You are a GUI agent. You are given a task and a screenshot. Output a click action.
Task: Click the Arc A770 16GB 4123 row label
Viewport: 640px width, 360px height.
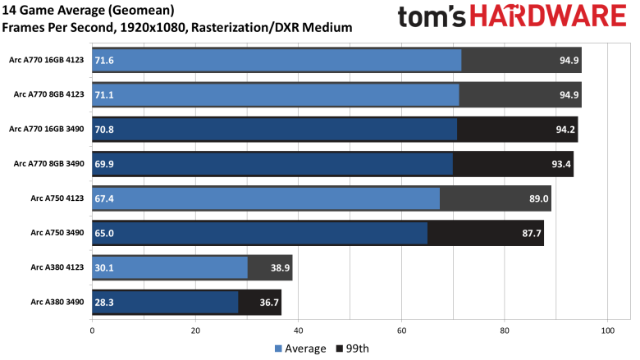click(46, 60)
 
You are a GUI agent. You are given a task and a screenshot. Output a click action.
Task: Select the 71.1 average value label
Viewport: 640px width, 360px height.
click(104, 94)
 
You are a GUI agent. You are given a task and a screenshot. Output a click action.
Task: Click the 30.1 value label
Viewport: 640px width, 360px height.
click(104, 267)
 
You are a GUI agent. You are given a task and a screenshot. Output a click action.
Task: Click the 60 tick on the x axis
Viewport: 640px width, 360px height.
click(401, 330)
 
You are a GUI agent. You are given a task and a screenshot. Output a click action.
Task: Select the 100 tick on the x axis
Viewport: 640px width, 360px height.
click(607, 330)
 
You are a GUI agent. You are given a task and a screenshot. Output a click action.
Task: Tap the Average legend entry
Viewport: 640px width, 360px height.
click(299, 349)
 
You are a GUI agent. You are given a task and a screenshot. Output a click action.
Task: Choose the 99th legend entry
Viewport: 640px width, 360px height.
click(352, 349)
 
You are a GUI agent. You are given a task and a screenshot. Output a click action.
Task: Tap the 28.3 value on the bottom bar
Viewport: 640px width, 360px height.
click(104, 302)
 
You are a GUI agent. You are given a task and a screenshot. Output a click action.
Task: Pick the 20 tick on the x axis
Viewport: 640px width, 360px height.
click(195, 330)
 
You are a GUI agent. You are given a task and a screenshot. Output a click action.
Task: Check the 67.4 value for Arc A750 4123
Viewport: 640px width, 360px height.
click(104, 198)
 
